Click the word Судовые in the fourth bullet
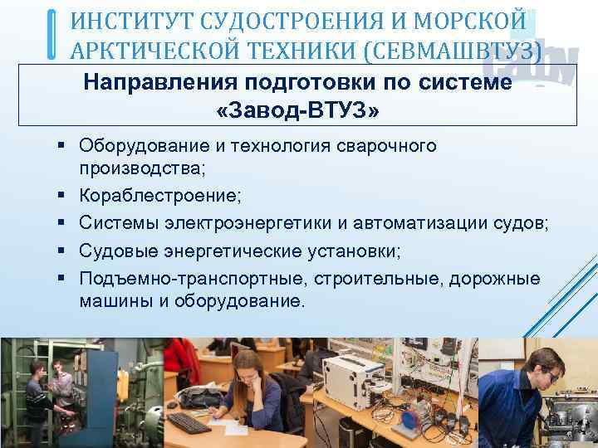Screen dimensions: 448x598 pyautogui.click(x=115, y=251)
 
